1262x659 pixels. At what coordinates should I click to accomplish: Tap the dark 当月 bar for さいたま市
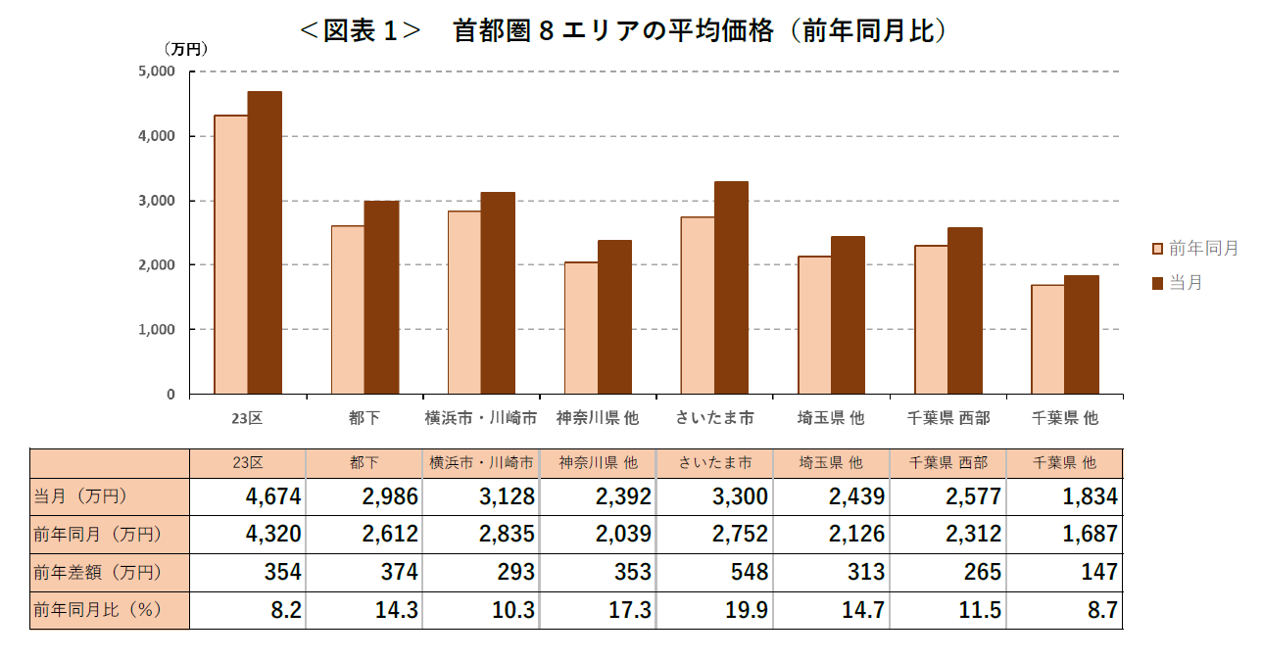731,288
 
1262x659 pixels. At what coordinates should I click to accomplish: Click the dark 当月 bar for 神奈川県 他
614,317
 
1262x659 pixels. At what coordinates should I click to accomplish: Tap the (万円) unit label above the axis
185,47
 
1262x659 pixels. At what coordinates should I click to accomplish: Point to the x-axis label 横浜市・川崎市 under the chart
481,418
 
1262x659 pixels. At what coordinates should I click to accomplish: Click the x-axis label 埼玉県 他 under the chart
831,418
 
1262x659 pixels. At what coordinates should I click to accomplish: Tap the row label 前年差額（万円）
97,572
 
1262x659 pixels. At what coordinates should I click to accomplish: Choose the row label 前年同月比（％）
97,610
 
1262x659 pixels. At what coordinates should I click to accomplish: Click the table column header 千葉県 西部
948,462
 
